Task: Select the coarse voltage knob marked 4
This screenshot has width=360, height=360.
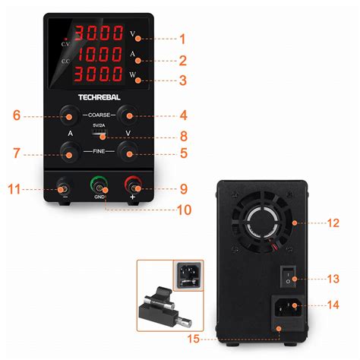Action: pos(128,115)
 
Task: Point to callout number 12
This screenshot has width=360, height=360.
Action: pos(332,223)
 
